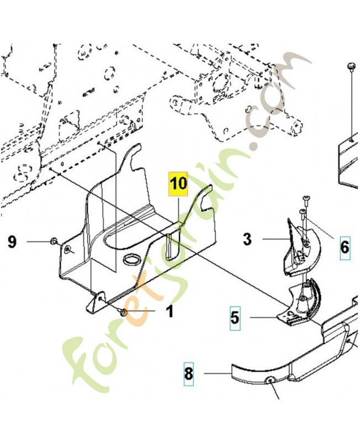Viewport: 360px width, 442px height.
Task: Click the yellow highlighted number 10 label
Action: tap(178, 184)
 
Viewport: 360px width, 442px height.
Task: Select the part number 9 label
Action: tap(12, 241)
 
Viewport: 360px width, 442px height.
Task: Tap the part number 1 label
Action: tap(170, 312)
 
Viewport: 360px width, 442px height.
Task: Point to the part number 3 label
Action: tap(247, 239)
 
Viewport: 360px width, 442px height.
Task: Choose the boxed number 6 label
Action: tap(345, 246)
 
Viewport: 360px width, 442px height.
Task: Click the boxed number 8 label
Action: tap(188, 373)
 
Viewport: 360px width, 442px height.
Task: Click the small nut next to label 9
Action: tap(54, 241)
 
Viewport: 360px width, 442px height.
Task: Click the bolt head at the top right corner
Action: tap(351, 67)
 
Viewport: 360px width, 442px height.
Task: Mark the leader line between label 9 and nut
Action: tap(39, 241)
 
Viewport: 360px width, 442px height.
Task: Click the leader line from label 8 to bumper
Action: tap(217, 373)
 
